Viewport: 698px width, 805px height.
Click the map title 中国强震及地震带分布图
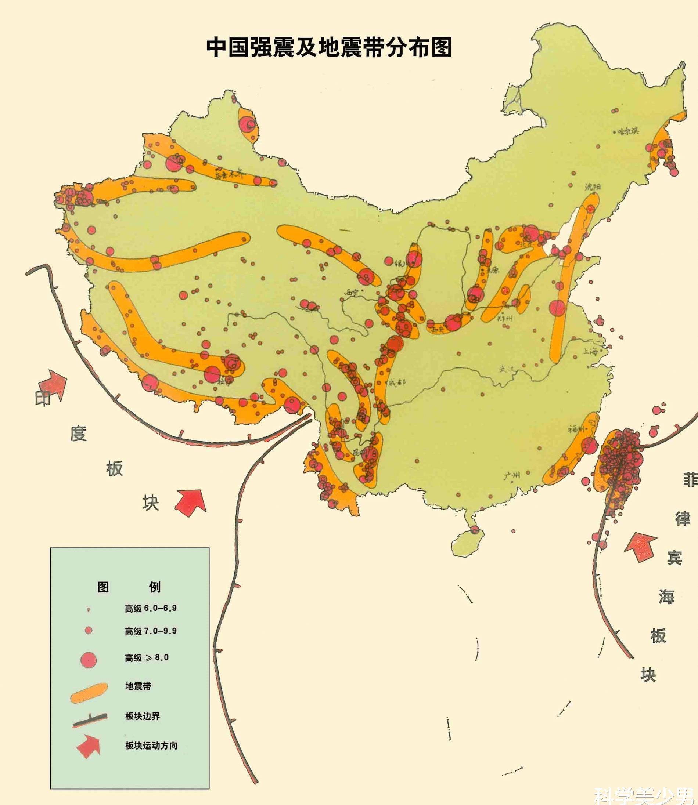coord(329,47)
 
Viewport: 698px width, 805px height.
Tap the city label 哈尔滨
coord(628,131)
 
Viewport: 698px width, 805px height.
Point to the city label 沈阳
coord(593,187)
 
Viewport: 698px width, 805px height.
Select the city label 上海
coord(590,351)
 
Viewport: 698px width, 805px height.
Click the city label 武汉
coord(507,368)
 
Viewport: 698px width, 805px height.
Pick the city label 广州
coord(511,475)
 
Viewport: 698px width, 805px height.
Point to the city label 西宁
coord(353,292)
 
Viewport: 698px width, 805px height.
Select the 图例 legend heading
coord(129,587)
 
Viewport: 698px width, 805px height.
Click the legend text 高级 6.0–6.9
coord(151,608)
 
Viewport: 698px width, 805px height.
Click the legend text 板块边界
coord(142,716)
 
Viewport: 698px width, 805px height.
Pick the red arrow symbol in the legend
coord(89,746)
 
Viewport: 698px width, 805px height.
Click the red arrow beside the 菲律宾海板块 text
coord(641,547)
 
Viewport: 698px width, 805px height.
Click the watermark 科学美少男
coord(645,795)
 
